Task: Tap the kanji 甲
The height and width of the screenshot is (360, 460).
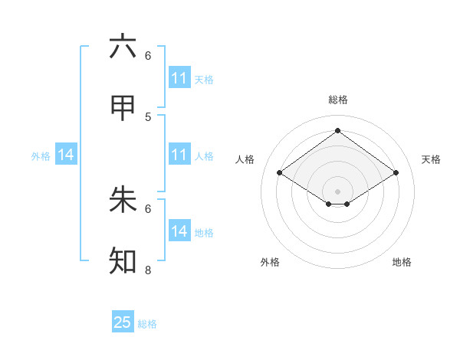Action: click(123, 109)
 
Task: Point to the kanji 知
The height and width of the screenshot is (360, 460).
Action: click(123, 261)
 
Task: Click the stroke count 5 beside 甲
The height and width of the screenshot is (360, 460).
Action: click(148, 116)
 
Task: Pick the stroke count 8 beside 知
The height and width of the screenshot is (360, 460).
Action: click(148, 270)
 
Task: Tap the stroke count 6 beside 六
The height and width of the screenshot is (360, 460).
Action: click(148, 55)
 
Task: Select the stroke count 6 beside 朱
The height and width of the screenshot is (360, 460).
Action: click(148, 208)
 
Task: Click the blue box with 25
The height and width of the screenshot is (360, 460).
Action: click(123, 322)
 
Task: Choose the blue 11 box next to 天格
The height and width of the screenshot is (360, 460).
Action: click(179, 78)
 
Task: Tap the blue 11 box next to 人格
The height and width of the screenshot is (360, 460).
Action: click(179, 155)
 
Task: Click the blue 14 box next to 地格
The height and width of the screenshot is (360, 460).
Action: click(179, 231)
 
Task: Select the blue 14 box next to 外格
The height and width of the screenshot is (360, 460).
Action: click(66, 155)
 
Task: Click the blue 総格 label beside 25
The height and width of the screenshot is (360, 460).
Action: click(147, 324)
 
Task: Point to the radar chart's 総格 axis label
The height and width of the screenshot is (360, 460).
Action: click(337, 100)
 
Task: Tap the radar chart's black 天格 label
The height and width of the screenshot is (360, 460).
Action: click(431, 159)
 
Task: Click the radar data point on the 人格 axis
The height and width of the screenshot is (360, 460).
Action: click(279, 173)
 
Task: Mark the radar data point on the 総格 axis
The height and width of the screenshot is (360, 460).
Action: click(337, 130)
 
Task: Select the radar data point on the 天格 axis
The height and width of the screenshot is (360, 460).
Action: click(396, 173)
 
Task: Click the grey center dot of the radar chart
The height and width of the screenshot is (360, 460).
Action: click(337, 191)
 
